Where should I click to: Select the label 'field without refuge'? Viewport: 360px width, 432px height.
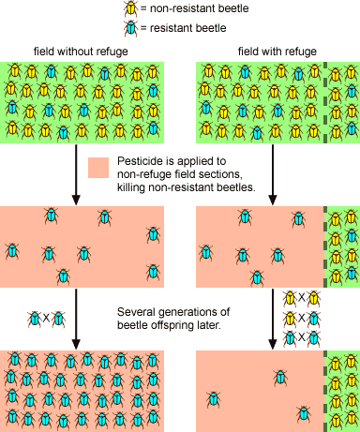(x=82, y=50)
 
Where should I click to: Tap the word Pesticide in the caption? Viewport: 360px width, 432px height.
(x=143, y=161)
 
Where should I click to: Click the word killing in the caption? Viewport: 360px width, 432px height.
(x=133, y=187)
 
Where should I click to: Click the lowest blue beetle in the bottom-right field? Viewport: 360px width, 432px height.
(x=303, y=413)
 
